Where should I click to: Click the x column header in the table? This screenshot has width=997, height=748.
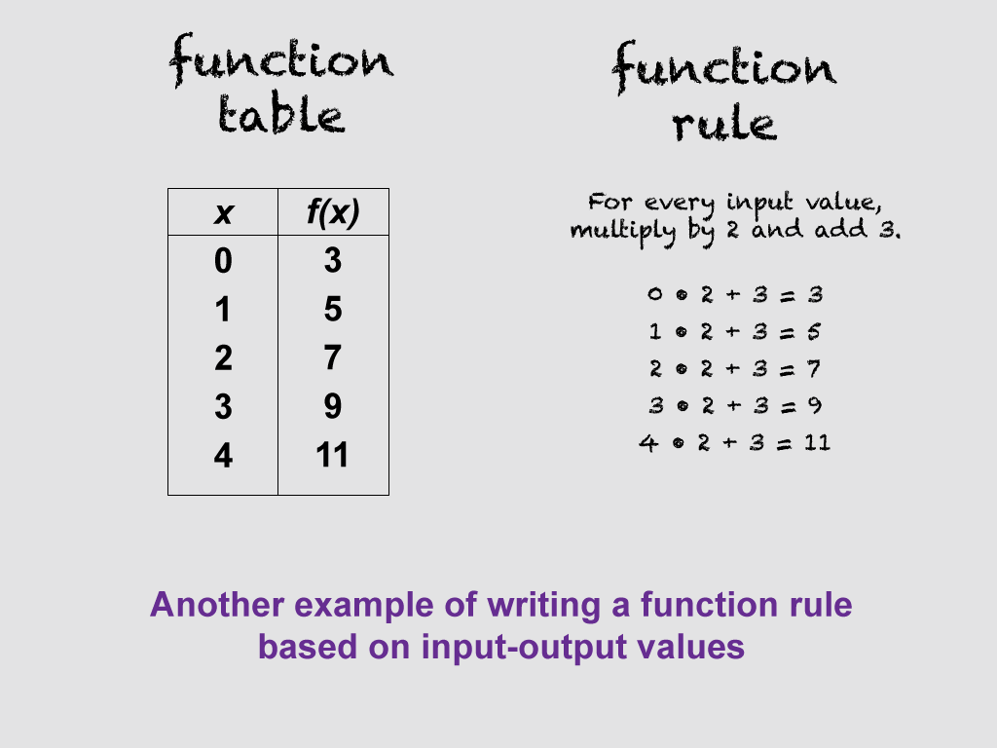pyautogui.click(x=223, y=213)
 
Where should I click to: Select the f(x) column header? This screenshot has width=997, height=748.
pyautogui.click(x=333, y=213)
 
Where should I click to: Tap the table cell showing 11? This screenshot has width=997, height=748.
pyautogui.click(x=333, y=455)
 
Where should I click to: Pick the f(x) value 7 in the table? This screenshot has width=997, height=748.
pyautogui.click(x=333, y=357)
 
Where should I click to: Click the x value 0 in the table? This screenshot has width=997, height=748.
pyautogui.click(x=223, y=261)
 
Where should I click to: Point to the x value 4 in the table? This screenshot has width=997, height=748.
pyautogui.click(x=223, y=455)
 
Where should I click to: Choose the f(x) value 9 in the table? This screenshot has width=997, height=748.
pyautogui.click(x=333, y=406)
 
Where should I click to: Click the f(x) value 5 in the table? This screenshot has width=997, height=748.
pyautogui.click(x=333, y=310)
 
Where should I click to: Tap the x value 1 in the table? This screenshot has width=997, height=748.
pyautogui.click(x=223, y=310)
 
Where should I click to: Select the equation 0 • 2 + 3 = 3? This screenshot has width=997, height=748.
pyautogui.click(x=735, y=294)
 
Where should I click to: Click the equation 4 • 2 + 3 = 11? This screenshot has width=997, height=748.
pyautogui.click(x=735, y=443)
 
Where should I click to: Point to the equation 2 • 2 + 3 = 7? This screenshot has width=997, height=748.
pyautogui.click(x=735, y=369)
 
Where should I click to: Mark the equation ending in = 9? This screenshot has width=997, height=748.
pyautogui.click(x=735, y=406)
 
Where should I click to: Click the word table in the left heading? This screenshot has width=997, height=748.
pyautogui.click(x=280, y=116)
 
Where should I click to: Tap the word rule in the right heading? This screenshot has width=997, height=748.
pyautogui.click(x=724, y=123)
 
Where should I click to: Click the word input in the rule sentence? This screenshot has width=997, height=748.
pyautogui.click(x=763, y=205)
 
